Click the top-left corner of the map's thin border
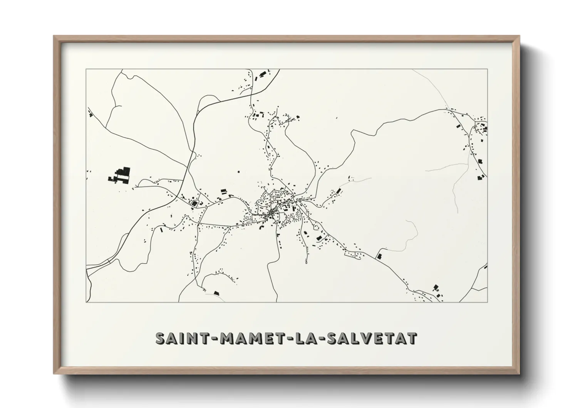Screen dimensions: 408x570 pyautogui.click(x=86, y=69)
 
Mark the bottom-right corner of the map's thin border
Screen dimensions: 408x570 pyautogui.click(x=487, y=302)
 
